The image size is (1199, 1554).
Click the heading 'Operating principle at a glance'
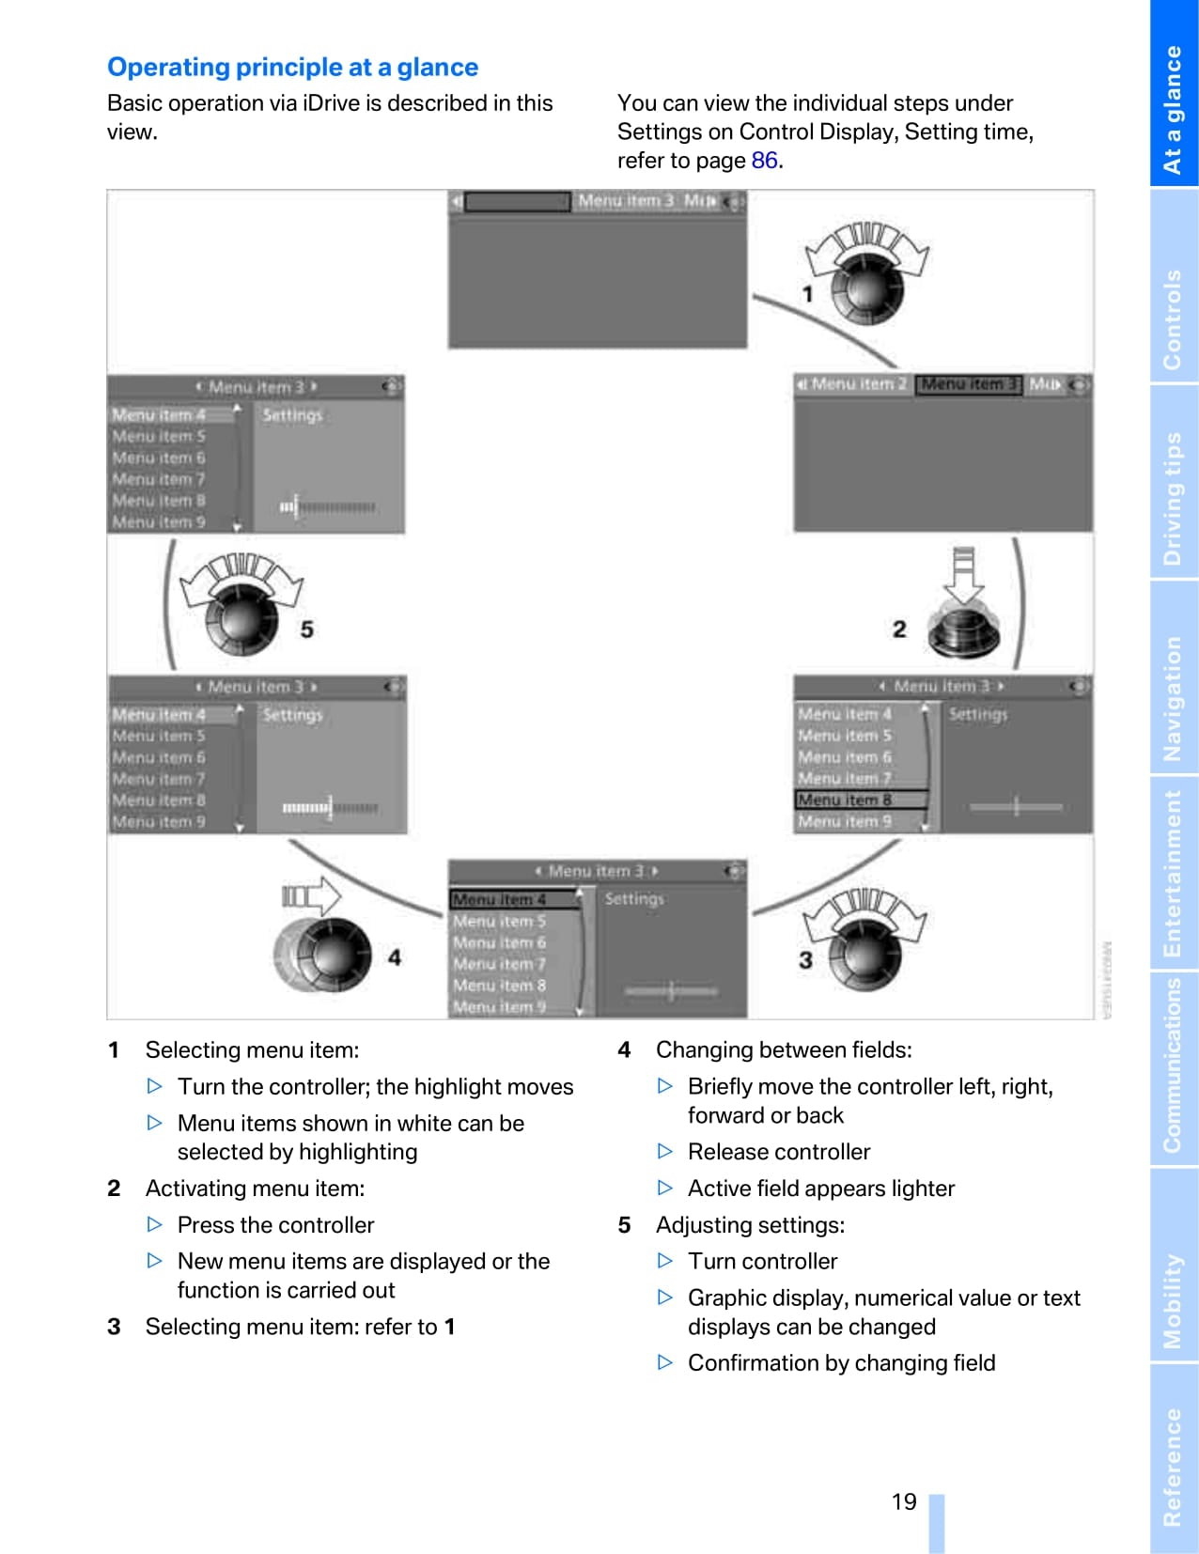point(292,68)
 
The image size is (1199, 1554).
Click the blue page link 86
point(764,161)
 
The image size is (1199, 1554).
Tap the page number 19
point(904,1501)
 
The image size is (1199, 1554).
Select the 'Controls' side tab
point(1174,319)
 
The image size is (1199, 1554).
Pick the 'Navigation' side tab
point(1174,698)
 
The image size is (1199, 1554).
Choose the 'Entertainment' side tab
point(1174,873)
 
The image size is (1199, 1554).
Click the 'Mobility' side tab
point(1174,1300)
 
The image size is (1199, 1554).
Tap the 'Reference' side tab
point(1174,1466)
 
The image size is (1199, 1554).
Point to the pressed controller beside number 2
point(964,631)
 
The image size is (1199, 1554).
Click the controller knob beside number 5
point(242,620)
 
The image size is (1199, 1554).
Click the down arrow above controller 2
point(963,574)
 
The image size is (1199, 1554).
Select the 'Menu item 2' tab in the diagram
point(852,384)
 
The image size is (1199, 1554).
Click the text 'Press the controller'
point(275,1225)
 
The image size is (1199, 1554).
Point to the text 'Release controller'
point(778,1152)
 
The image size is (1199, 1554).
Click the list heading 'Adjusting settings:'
point(750,1225)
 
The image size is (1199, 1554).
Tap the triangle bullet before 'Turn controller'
point(665,1261)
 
